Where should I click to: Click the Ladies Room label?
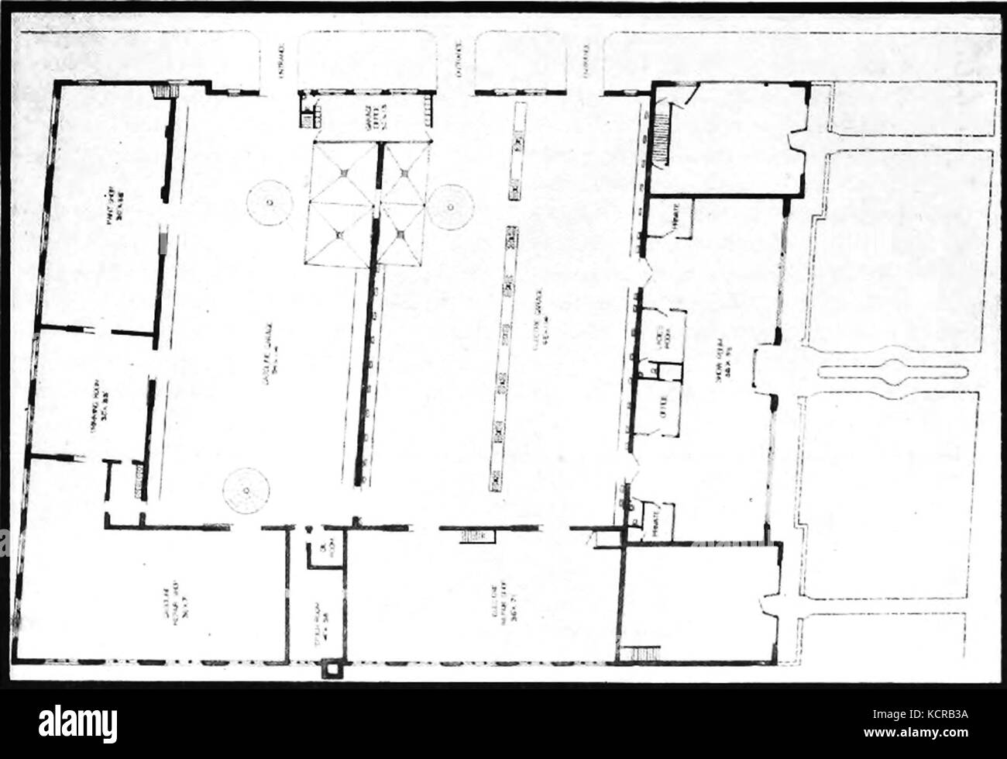coord(662,341)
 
